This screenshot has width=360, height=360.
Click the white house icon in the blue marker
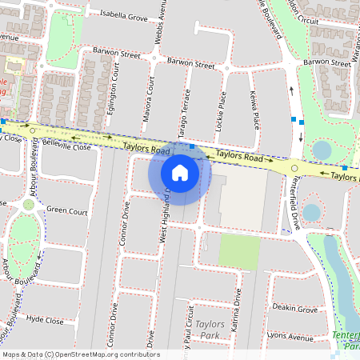coord(180,172)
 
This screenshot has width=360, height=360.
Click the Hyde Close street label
coord(45,320)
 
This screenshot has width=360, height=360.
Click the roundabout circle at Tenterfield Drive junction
coord(294,168)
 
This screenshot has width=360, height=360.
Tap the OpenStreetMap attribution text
coord(70,354)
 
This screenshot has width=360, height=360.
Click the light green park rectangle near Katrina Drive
coord(239,252)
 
